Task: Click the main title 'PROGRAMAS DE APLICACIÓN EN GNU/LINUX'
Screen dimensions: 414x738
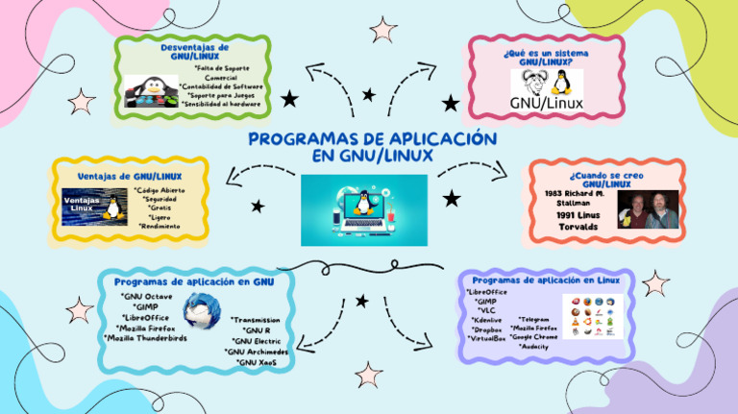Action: pos(372,147)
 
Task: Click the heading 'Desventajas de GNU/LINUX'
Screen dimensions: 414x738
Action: pos(195,51)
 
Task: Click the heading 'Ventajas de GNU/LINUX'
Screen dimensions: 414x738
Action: pos(130,176)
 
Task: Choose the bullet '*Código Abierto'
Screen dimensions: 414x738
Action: pos(162,190)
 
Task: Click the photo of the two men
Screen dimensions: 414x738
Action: pos(644,210)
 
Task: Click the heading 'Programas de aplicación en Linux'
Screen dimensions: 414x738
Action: pos(545,280)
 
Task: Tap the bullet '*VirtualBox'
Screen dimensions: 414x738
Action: pos(486,338)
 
